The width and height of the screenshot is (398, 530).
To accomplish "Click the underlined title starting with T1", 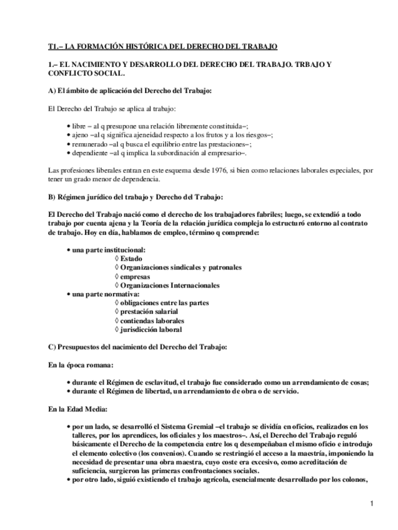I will pos(163,46).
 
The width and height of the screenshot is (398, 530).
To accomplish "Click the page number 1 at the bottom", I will pos(371,504).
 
